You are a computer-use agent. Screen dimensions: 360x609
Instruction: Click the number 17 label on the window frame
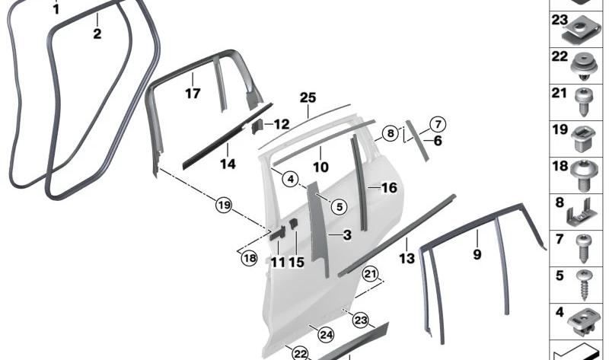193,94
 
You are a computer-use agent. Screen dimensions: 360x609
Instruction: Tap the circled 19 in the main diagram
222,205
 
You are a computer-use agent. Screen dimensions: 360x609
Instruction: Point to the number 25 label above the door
308,97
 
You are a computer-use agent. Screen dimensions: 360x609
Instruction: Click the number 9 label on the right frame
477,255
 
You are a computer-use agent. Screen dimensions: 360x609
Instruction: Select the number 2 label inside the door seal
97,33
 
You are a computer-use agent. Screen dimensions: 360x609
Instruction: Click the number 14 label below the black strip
228,164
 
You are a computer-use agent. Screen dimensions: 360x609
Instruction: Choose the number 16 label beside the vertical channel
389,187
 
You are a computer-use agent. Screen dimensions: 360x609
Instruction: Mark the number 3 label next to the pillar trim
346,236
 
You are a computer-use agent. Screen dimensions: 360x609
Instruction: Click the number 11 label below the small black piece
278,263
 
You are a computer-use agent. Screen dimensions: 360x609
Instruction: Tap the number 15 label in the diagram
296,263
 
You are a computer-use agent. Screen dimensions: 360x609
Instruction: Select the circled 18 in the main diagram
250,258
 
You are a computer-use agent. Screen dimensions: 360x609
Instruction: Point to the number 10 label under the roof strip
320,167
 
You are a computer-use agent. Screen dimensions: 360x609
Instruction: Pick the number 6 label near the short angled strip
438,140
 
